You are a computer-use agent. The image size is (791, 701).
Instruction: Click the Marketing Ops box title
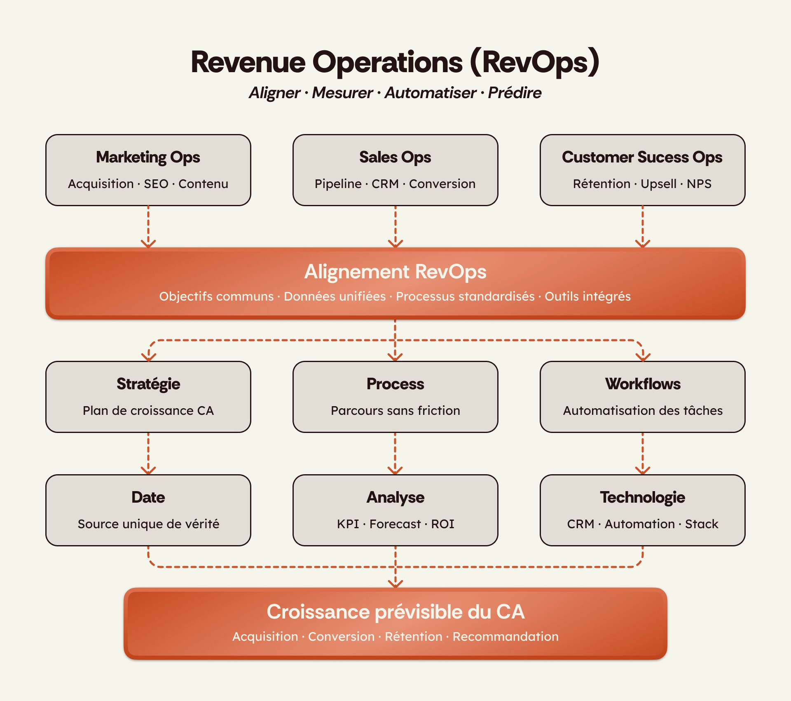point(148,158)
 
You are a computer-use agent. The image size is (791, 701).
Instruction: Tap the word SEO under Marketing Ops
point(156,184)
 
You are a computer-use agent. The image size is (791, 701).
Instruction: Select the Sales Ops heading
point(395,158)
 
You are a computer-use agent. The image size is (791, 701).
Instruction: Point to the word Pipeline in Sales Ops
point(338,184)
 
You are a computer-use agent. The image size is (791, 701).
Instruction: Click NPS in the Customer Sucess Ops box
point(699,184)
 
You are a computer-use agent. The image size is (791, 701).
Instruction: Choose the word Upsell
point(658,184)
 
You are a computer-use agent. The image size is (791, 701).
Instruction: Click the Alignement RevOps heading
point(395,272)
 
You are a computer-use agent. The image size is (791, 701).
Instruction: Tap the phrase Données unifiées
point(335,296)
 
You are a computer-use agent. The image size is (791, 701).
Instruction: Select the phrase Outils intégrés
point(587,296)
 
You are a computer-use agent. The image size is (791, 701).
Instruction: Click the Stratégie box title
point(148,384)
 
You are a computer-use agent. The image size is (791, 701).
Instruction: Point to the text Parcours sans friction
point(395,411)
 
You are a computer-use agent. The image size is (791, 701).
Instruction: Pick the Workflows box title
point(643,384)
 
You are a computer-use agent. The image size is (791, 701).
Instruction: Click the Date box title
point(148,497)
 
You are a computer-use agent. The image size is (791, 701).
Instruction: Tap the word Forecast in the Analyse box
point(395,524)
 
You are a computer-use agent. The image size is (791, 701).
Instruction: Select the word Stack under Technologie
point(701,524)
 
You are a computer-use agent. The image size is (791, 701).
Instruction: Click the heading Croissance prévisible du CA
point(395,612)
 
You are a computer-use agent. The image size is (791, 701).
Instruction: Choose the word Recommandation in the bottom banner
point(505,637)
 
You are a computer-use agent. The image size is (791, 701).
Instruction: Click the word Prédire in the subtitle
point(515,93)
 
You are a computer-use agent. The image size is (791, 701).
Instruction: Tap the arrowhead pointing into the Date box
point(148,470)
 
